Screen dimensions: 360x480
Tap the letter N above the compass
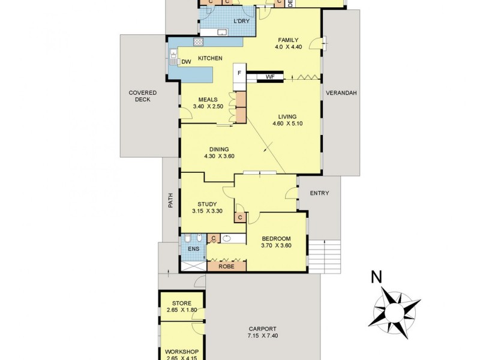(376, 277)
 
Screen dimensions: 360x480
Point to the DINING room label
(219, 150)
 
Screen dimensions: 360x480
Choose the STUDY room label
(207, 204)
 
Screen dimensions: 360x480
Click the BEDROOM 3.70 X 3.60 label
(276, 238)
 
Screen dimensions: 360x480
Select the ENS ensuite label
(193, 248)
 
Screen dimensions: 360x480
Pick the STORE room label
(181, 304)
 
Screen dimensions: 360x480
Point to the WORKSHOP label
(181, 352)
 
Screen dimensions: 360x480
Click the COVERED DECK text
(143, 96)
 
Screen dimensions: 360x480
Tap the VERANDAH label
(341, 93)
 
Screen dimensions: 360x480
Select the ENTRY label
(319, 193)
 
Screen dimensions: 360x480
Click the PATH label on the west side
(170, 203)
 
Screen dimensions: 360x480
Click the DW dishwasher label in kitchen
(186, 61)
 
